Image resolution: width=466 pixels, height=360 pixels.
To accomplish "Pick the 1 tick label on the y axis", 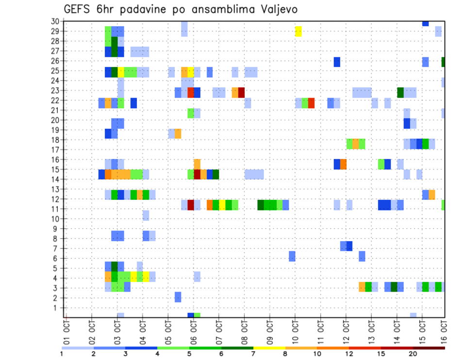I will point(56,308).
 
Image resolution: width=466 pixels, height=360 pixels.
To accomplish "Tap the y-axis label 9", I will point(56,229).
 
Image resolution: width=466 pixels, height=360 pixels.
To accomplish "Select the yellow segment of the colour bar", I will point(269,347).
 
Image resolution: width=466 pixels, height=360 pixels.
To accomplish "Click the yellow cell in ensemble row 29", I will point(298,31).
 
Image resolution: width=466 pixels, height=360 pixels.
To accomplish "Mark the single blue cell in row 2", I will point(178,297).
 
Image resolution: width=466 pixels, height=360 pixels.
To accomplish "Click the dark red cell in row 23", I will point(241,92).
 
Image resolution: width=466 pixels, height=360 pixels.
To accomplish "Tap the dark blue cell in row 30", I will point(425,23).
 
